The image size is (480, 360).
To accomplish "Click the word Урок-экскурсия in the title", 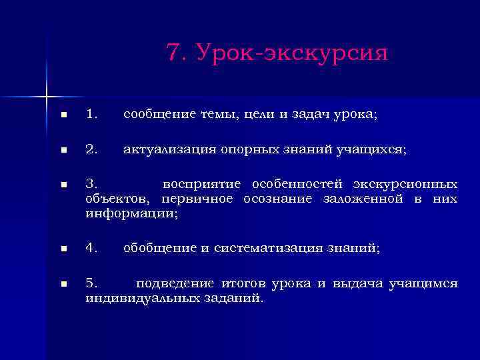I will pos(292,53).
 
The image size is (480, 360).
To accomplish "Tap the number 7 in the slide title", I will pos(175,53).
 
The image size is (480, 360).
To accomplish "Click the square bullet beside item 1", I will pos(63,115).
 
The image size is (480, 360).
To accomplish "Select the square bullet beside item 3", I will pos(63,185).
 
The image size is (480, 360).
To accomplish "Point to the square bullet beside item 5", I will pos(63,285).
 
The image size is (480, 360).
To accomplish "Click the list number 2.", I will pos(92,150).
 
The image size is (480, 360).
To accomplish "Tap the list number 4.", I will pos(92,249).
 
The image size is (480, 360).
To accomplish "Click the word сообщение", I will pos(157,115).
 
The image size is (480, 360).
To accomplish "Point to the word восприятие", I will pos(203,184).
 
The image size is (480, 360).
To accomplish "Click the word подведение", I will pos(169,284).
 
